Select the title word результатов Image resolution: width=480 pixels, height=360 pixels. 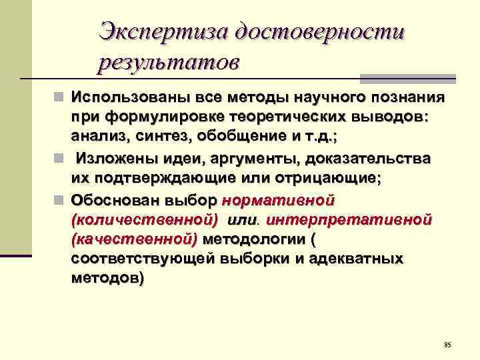tap(167, 63)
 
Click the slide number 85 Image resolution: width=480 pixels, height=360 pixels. tap(447, 345)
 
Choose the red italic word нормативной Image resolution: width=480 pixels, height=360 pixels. tap(278, 199)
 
